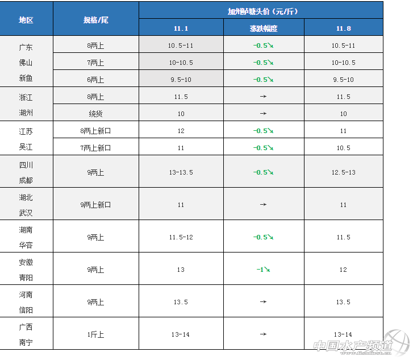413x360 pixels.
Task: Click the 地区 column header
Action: (26, 19)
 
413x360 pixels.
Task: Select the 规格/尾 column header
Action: (95, 19)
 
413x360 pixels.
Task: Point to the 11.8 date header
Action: (343, 28)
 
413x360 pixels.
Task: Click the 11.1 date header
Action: (181, 28)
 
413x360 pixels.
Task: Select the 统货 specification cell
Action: (95, 114)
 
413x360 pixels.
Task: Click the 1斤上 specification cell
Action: (95, 334)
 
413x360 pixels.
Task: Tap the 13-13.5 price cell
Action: (181, 172)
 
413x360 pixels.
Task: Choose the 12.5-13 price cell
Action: (343, 172)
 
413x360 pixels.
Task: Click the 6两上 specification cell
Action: (95, 80)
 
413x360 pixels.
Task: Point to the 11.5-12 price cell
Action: (181, 237)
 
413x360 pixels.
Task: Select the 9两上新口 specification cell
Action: (95, 205)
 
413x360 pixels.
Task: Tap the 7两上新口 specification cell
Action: (95, 148)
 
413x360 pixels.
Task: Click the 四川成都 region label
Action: (26, 172)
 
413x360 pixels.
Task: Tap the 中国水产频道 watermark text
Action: (353, 345)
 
